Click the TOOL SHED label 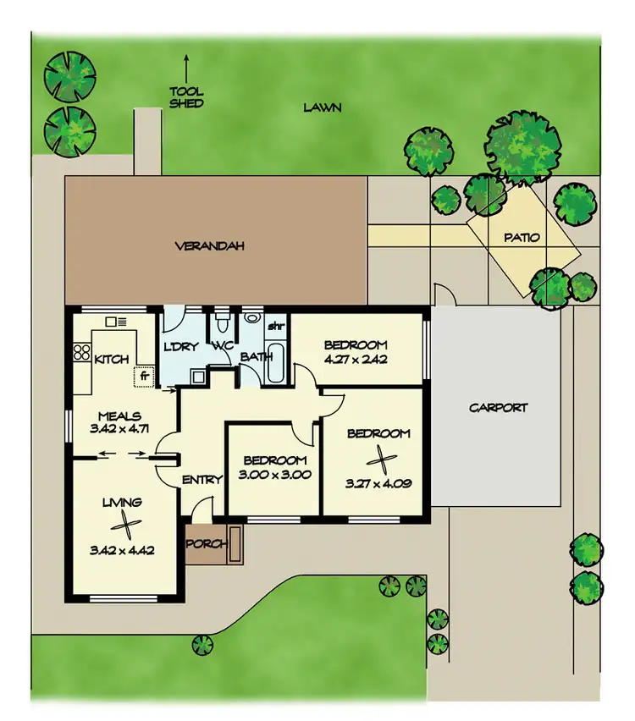coord(186,97)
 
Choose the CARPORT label coord(499,407)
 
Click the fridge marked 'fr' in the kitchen coord(145,373)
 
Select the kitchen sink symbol coord(116,322)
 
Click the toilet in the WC coord(222,322)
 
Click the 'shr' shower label coord(275,326)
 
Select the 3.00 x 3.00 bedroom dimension coord(275,475)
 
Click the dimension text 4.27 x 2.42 coord(356,359)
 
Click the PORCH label coord(207,543)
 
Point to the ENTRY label coord(202,480)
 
